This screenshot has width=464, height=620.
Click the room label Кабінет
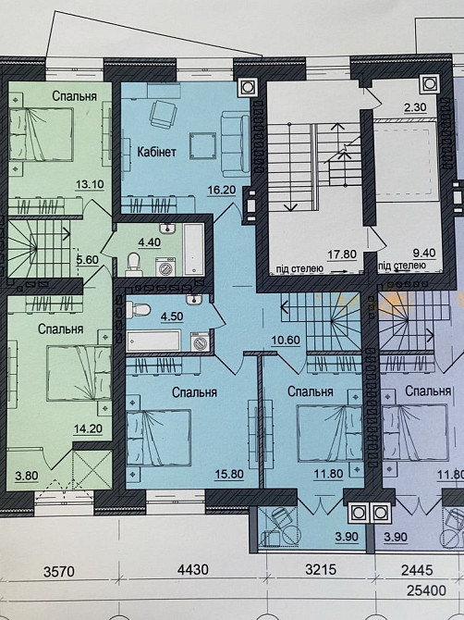tap(156, 152)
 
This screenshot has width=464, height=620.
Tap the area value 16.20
tap(222, 190)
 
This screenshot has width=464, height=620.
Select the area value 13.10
tap(90, 184)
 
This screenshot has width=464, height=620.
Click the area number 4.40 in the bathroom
tap(149, 242)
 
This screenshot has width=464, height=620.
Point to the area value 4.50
tap(172, 317)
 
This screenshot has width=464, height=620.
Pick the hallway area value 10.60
tap(286, 340)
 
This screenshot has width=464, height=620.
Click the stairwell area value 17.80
tap(342, 254)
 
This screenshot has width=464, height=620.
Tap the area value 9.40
tap(423, 252)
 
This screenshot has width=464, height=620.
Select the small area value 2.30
tap(415, 106)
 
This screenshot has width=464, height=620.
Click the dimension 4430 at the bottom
tap(193, 570)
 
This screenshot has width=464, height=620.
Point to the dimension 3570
tap(58, 571)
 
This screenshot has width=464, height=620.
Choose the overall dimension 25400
tap(427, 590)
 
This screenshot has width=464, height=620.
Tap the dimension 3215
tap(321, 569)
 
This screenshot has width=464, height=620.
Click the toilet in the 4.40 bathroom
tap(133, 264)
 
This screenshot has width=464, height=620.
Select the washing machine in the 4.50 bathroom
tap(201, 341)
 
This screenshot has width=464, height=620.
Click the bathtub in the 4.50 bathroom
tap(153, 341)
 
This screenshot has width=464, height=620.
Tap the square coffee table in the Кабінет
tap(202, 145)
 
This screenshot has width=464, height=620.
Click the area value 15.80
tap(229, 474)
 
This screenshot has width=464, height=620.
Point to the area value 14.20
tap(88, 428)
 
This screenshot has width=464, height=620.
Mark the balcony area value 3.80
tap(27, 476)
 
